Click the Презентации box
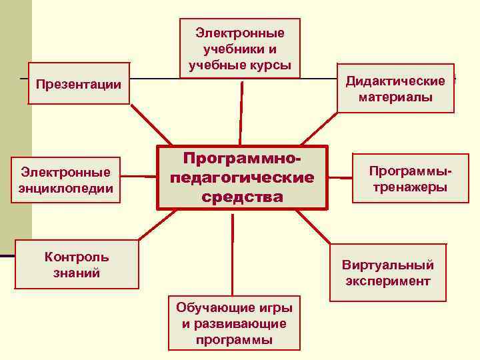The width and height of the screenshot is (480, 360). [79, 85]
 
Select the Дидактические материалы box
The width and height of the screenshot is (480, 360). [395, 89]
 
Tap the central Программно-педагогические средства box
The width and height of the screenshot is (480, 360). [242, 178]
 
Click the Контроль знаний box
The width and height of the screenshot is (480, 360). [77, 265]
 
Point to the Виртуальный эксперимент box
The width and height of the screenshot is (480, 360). [387, 273]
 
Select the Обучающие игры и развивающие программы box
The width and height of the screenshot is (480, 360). [234, 323]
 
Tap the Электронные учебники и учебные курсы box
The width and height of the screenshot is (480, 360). [240, 49]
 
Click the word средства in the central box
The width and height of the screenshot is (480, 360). [242, 197]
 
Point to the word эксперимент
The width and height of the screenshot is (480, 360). [387, 281]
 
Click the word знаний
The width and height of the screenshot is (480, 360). [77, 273]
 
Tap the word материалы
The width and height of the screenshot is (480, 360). [395, 97]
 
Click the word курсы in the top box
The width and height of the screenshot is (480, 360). [273, 65]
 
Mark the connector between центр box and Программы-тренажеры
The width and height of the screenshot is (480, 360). [341, 178]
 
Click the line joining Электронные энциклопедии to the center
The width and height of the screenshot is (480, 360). [141, 177]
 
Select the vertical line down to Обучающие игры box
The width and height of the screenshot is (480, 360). [233, 253]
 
